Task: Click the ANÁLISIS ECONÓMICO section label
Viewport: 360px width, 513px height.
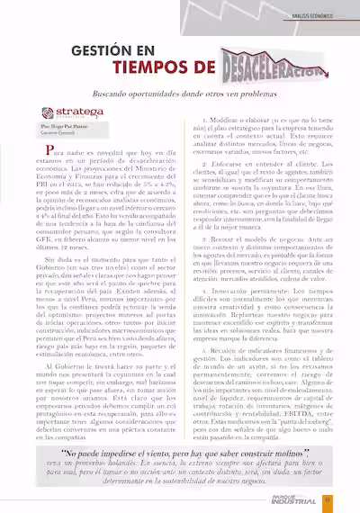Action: point(319,14)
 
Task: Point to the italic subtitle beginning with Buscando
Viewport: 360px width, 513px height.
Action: point(181,93)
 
